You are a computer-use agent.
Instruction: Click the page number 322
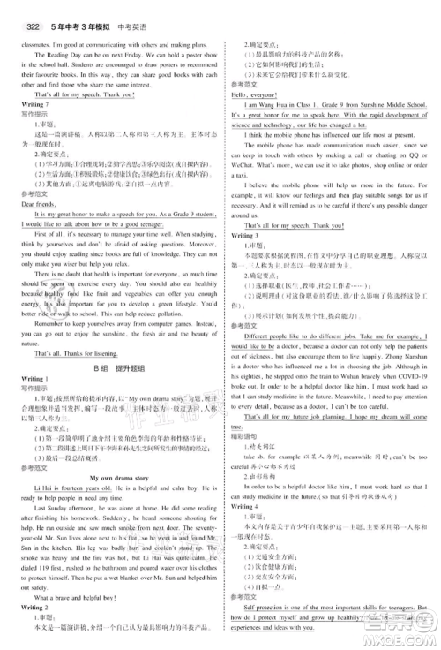click(18, 11)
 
